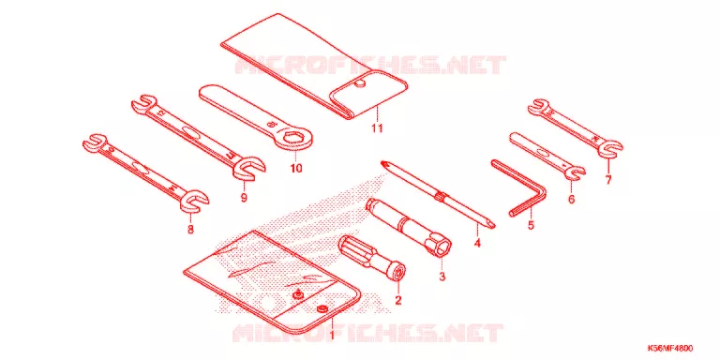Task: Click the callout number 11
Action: coord(377,128)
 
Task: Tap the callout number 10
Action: coord(296,169)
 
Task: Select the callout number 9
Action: coord(244,198)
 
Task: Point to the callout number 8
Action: coord(190,230)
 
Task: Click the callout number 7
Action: coord(608,180)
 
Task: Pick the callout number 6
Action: coord(571,200)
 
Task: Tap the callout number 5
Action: coord(532,226)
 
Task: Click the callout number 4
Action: coord(477,243)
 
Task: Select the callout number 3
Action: coord(442,277)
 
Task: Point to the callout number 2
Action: coord(398,301)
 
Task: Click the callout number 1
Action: coord(332,335)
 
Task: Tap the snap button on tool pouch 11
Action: coord(360,82)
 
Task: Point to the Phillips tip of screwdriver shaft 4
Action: coord(385,164)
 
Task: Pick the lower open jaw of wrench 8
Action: coord(195,201)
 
